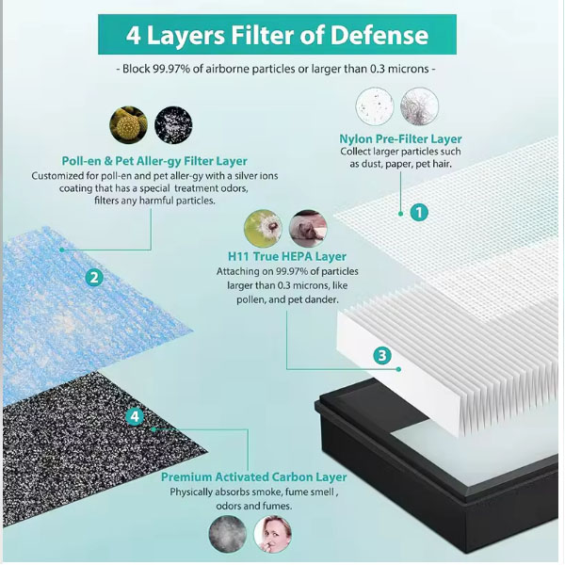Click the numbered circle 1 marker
click(x=419, y=212)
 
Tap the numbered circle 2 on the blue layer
click(x=94, y=278)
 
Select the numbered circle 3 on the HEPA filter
click(x=382, y=356)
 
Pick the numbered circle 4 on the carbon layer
click(x=135, y=416)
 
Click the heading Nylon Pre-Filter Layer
click(x=400, y=139)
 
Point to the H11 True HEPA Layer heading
click(x=287, y=256)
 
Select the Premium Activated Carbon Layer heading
click(x=253, y=476)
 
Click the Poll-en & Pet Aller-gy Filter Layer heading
click(x=154, y=161)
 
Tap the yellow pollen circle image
click(x=129, y=124)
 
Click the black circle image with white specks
click(x=173, y=124)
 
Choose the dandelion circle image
click(x=263, y=229)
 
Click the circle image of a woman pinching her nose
click(x=272, y=534)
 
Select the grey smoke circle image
click(x=228, y=534)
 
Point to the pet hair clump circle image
click(x=419, y=105)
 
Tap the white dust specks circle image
click(x=375, y=105)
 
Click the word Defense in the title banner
click(x=379, y=35)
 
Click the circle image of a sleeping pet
click(x=308, y=229)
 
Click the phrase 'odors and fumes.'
click(x=253, y=506)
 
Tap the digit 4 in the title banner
click(x=134, y=36)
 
